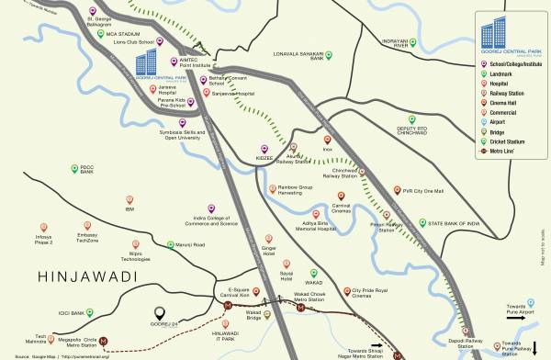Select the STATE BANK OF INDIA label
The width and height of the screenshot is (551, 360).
448,222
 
